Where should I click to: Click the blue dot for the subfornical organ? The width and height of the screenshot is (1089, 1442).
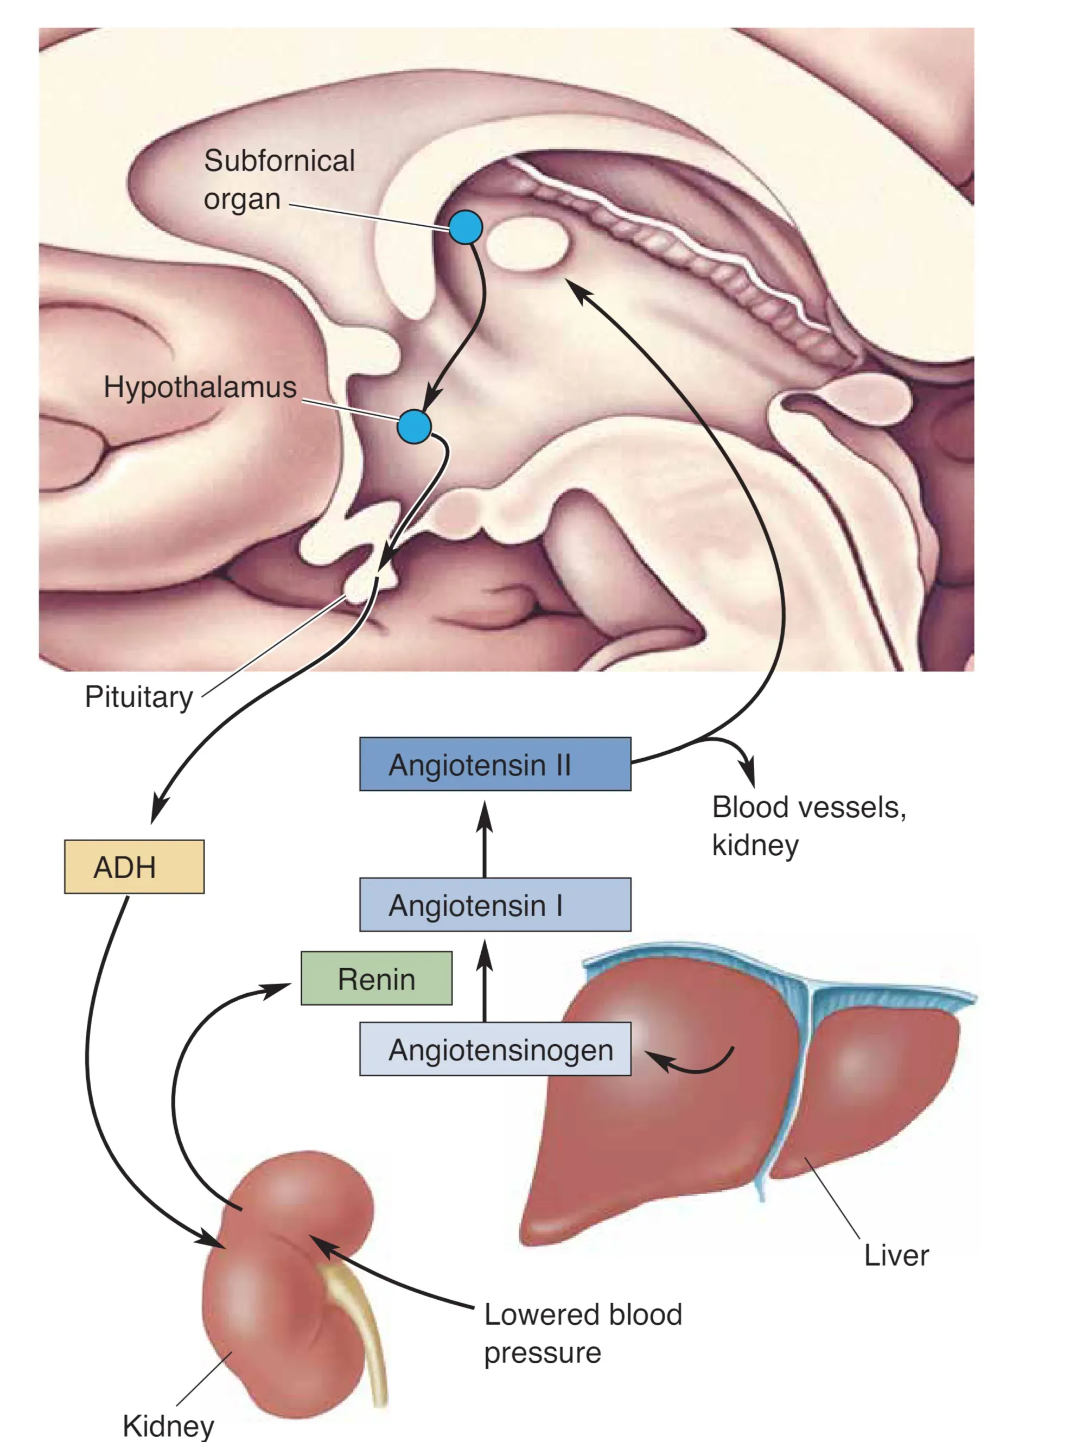[466, 227]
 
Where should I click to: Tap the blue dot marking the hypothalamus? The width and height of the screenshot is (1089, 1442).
[414, 427]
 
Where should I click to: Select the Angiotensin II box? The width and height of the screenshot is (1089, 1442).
[495, 764]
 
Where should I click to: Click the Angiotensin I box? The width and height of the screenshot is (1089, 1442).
[495, 904]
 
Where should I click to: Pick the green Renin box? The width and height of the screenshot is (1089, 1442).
[376, 979]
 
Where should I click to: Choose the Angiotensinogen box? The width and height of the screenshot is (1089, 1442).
[495, 1049]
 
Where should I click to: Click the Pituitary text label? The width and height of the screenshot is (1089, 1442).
[139, 697]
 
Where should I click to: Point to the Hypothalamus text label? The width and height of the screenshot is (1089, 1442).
[200, 386]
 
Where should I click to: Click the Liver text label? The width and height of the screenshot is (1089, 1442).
[896, 1255]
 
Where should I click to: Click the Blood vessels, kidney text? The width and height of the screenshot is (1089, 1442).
[808, 825]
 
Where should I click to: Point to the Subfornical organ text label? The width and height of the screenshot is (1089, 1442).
[279, 179]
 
